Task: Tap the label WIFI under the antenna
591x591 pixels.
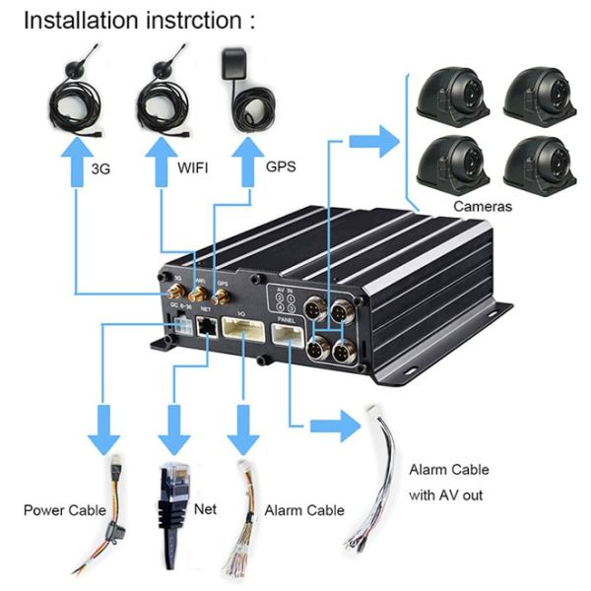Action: click(193, 168)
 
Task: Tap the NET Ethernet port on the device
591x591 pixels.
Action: click(208, 327)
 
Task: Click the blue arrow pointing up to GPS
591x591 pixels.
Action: click(252, 155)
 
